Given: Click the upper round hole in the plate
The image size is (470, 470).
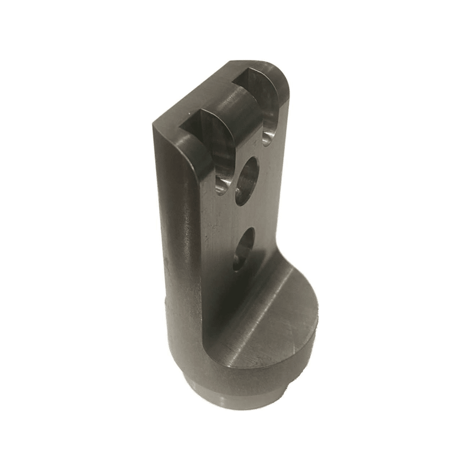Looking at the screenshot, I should (x=248, y=181).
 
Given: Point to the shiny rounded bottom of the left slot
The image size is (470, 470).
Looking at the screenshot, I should (x=221, y=187).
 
